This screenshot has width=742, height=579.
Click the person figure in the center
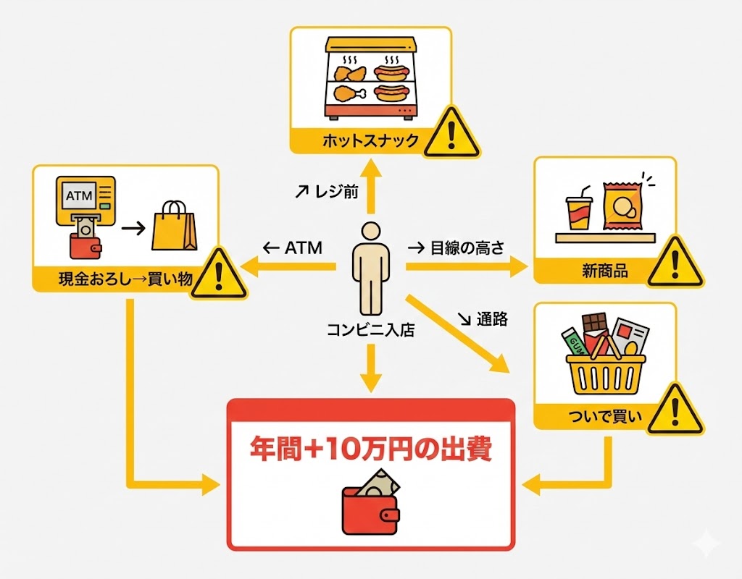tap(370, 267)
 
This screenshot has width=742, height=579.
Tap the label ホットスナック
tap(360, 139)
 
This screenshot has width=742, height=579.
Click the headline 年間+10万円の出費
tap(370, 449)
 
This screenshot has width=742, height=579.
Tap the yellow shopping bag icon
tap(174, 226)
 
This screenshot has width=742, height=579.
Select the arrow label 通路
tap(485, 317)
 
